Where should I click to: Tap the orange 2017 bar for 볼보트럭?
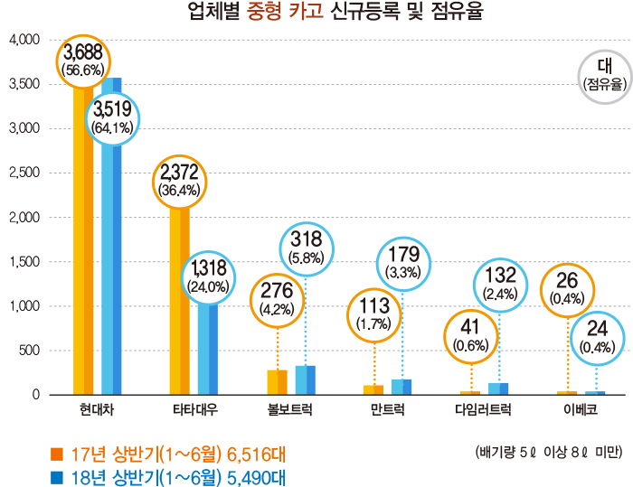277,382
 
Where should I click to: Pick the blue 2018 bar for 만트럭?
401,387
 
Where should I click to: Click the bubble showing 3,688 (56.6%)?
82,61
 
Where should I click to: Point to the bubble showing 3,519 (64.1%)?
112,118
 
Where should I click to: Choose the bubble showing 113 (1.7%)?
373,314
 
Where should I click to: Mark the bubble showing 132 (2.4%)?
500,283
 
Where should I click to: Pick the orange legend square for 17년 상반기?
57,452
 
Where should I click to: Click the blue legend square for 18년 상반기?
57,477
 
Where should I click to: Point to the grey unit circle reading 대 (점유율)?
605,76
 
